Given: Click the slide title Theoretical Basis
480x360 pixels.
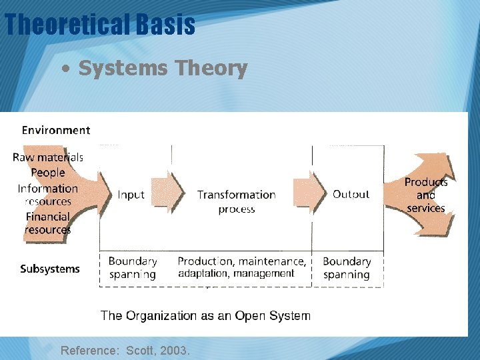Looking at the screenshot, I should point(100,25).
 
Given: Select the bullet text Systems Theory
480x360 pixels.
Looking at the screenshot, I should point(162,68).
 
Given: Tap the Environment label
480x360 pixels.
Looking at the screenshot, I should point(56,130).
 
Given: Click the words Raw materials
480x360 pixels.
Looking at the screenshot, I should point(48,158).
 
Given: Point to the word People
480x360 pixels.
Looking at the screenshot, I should point(48,173).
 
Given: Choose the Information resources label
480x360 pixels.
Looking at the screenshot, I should point(48,195).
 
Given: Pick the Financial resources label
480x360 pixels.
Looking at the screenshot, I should point(48,223).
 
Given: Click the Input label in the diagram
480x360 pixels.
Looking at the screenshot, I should point(131,195).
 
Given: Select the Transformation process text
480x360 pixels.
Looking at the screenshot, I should point(236,201).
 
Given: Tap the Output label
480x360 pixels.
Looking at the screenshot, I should point(351,194).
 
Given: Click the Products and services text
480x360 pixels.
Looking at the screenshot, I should point(426,195).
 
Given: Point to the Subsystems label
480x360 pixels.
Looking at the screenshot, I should point(50,269).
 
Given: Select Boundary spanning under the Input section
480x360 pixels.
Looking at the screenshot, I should point(133,267).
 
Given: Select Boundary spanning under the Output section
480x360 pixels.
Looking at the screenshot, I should point(347,268).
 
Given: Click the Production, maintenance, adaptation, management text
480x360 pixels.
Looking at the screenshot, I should point(241,267).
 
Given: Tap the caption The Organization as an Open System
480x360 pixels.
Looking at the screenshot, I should point(205,315).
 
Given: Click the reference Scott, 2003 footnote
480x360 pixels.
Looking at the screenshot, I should point(125,349).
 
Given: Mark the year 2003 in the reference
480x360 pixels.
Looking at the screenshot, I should point(175,349).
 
